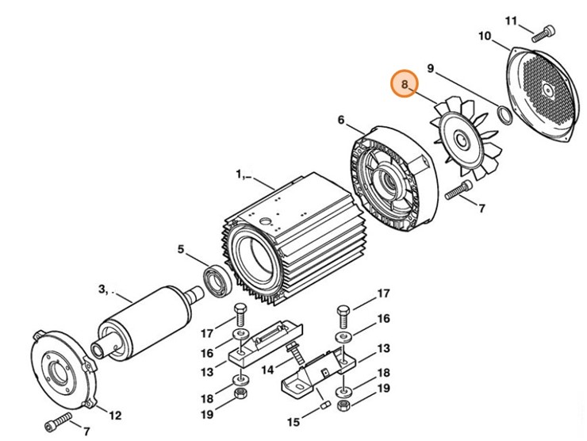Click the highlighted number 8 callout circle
click(405, 84)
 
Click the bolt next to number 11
click(544, 33)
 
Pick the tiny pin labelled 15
click(324, 406)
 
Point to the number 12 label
click(115, 415)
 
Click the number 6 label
click(340, 121)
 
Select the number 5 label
click(181, 249)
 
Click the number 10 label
click(485, 36)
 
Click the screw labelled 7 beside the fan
click(459, 190)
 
